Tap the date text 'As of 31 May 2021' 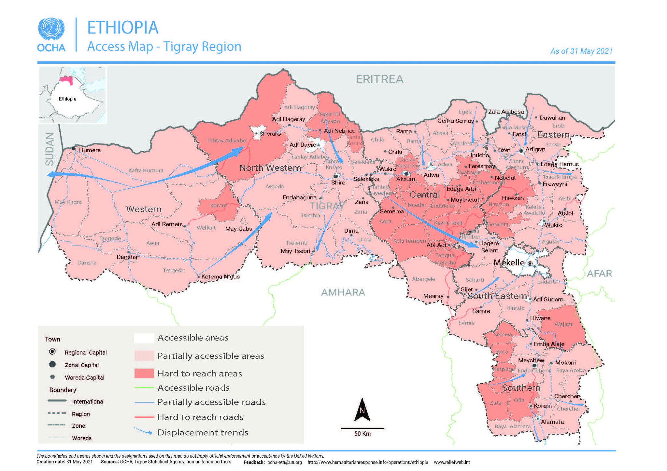coord(581,51)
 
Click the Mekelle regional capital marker coord(530,263)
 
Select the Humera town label coord(90,150)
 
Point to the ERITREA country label coord(379,79)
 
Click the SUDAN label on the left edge coord(50,149)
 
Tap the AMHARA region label coord(343,292)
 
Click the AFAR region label coord(599,274)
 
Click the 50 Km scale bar coord(362,428)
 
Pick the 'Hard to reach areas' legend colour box coord(144,373)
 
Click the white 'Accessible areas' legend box coord(144,338)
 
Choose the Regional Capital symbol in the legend coord(52,352)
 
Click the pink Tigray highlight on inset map coord(67,79)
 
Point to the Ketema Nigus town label coord(220,277)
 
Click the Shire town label coord(338,183)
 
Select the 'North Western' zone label coord(270,168)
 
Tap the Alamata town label coord(552,422)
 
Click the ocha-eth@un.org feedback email coord(284,462)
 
